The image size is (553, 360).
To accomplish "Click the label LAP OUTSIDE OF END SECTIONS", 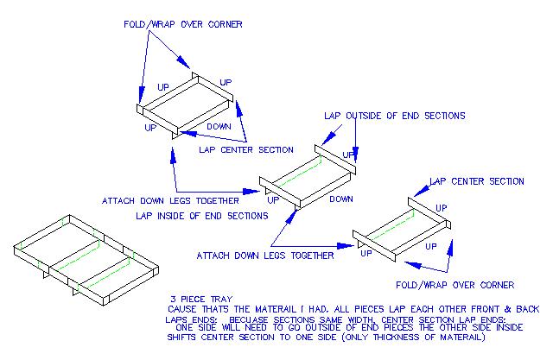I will coord(394,116).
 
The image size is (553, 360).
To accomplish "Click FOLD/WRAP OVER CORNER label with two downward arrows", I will coord(181,23).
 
